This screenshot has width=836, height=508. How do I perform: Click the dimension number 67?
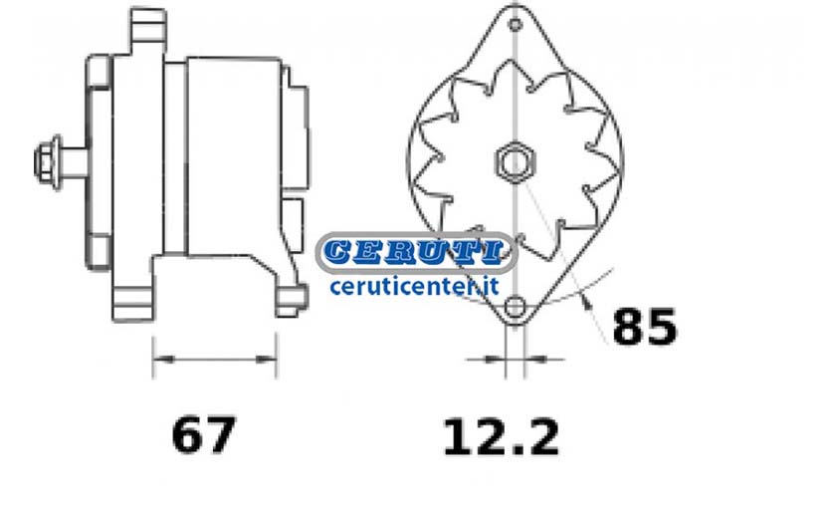203,435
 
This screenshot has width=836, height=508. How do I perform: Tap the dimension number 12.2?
502,437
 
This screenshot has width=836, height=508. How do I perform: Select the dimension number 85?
645,326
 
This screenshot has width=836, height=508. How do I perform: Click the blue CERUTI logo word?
414,252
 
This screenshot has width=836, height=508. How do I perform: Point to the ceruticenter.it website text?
414,286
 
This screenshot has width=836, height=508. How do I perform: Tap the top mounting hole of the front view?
515,25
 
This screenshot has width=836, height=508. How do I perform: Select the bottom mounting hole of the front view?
515,308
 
